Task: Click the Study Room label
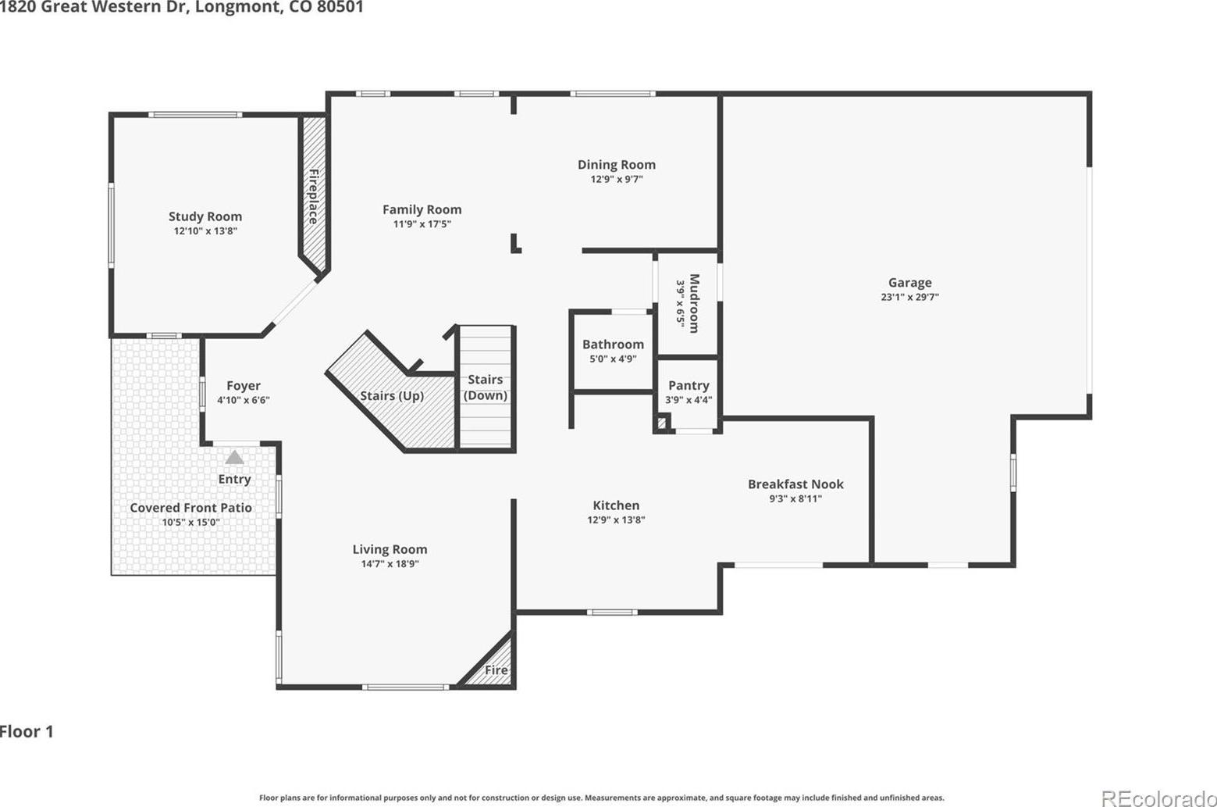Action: [x=205, y=216]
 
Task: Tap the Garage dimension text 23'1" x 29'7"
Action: [x=910, y=297]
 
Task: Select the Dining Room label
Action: [x=617, y=165]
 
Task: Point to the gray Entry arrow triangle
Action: [x=235, y=457]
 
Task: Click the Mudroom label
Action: [x=694, y=303]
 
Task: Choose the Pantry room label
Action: [x=689, y=386]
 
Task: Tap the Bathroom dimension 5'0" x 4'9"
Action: [x=613, y=359]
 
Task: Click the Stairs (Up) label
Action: [x=392, y=396]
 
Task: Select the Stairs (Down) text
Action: [x=486, y=387]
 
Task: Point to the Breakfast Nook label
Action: [x=795, y=484]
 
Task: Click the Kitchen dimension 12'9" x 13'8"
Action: [x=616, y=520]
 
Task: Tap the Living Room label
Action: [x=390, y=549]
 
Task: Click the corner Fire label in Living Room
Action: [x=496, y=670]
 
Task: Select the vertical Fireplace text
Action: [x=314, y=196]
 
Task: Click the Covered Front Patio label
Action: [x=190, y=508]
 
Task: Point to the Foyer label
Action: [x=244, y=386]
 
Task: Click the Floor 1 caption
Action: [x=27, y=731]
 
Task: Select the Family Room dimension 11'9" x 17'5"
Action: [x=422, y=224]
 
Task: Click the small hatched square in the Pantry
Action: [x=662, y=423]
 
